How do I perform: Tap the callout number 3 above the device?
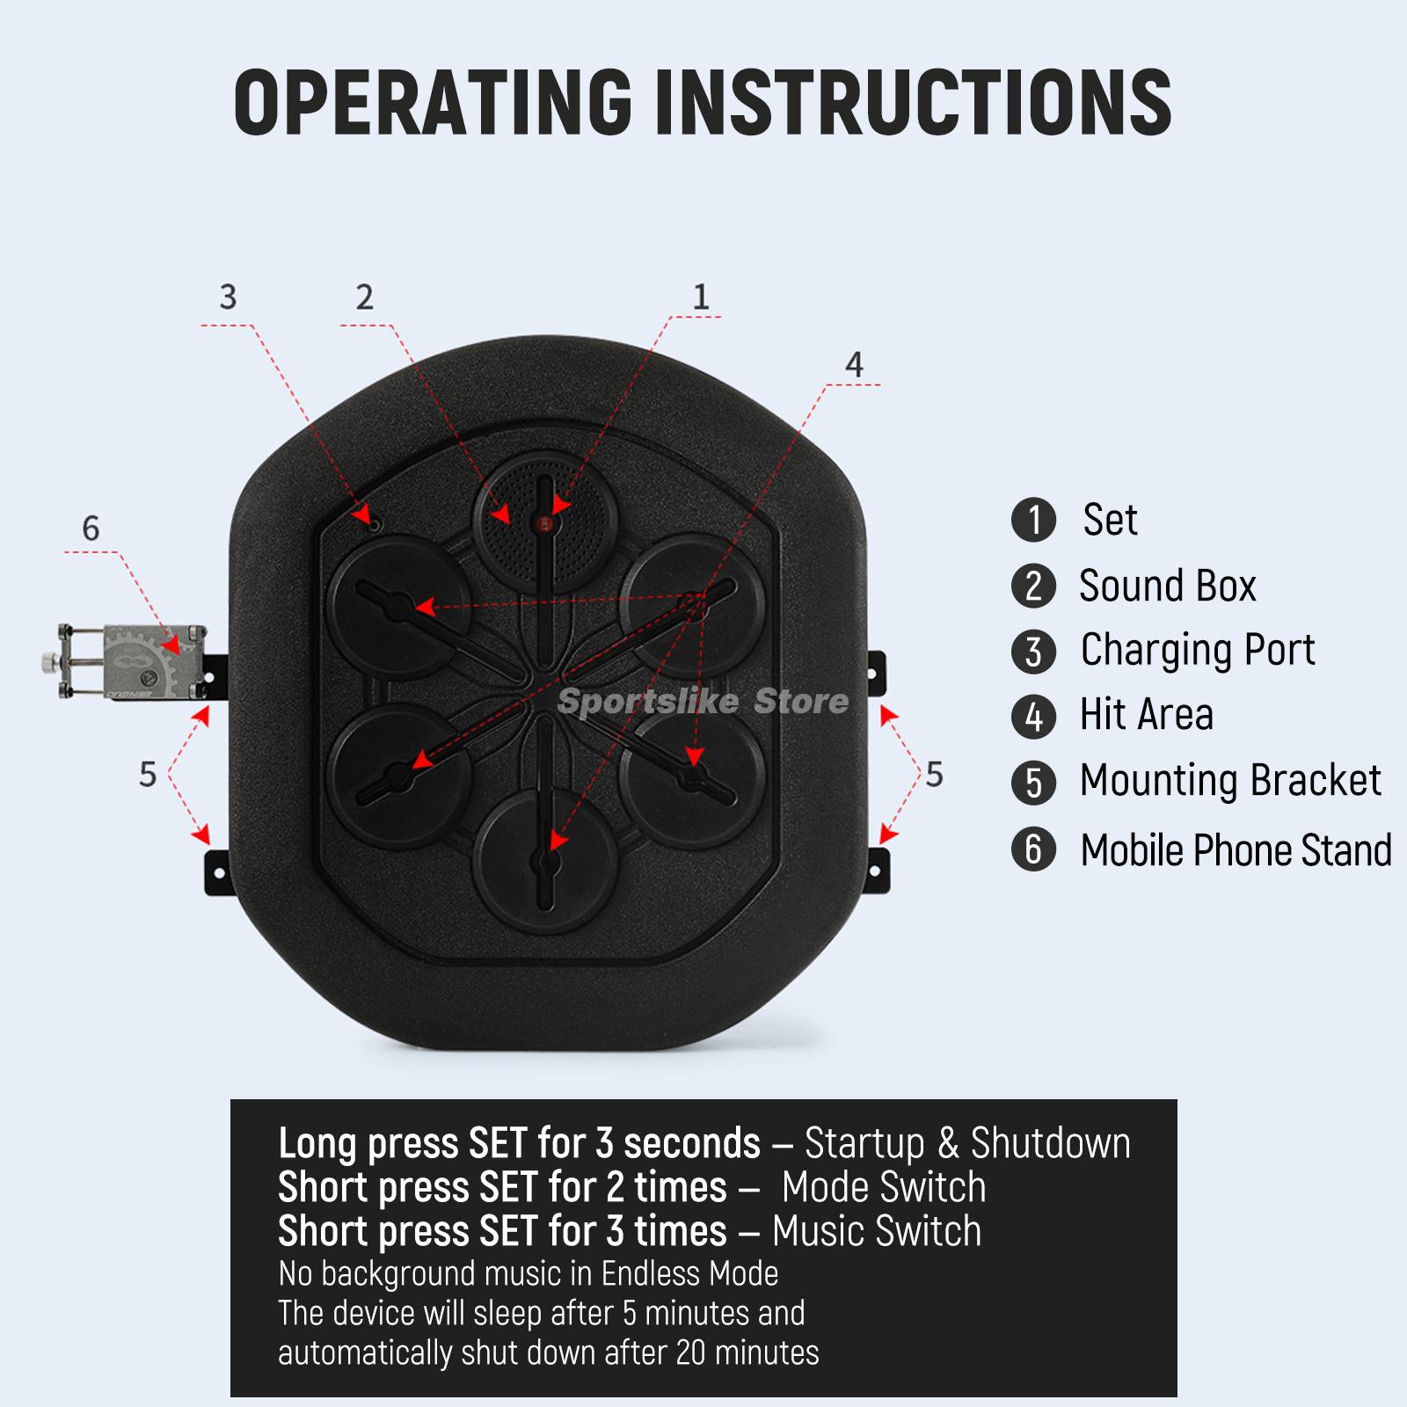(x=228, y=297)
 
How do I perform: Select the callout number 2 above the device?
(x=364, y=297)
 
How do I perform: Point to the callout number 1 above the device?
(x=701, y=297)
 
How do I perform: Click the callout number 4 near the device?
(x=854, y=365)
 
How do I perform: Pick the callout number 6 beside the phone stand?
(x=91, y=529)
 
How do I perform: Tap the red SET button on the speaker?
(x=544, y=524)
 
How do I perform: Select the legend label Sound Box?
(x=1167, y=586)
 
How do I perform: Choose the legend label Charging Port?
(x=1197, y=650)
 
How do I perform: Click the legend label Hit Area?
(x=1146, y=715)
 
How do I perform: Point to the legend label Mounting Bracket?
(x=1229, y=781)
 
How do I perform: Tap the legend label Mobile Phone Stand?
(x=1235, y=850)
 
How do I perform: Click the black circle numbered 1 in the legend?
(x=1033, y=520)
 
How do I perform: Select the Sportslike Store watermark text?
(x=703, y=702)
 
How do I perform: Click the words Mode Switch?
(x=883, y=1187)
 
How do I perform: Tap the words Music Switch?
(x=876, y=1231)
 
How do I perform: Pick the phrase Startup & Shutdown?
(x=966, y=1143)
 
